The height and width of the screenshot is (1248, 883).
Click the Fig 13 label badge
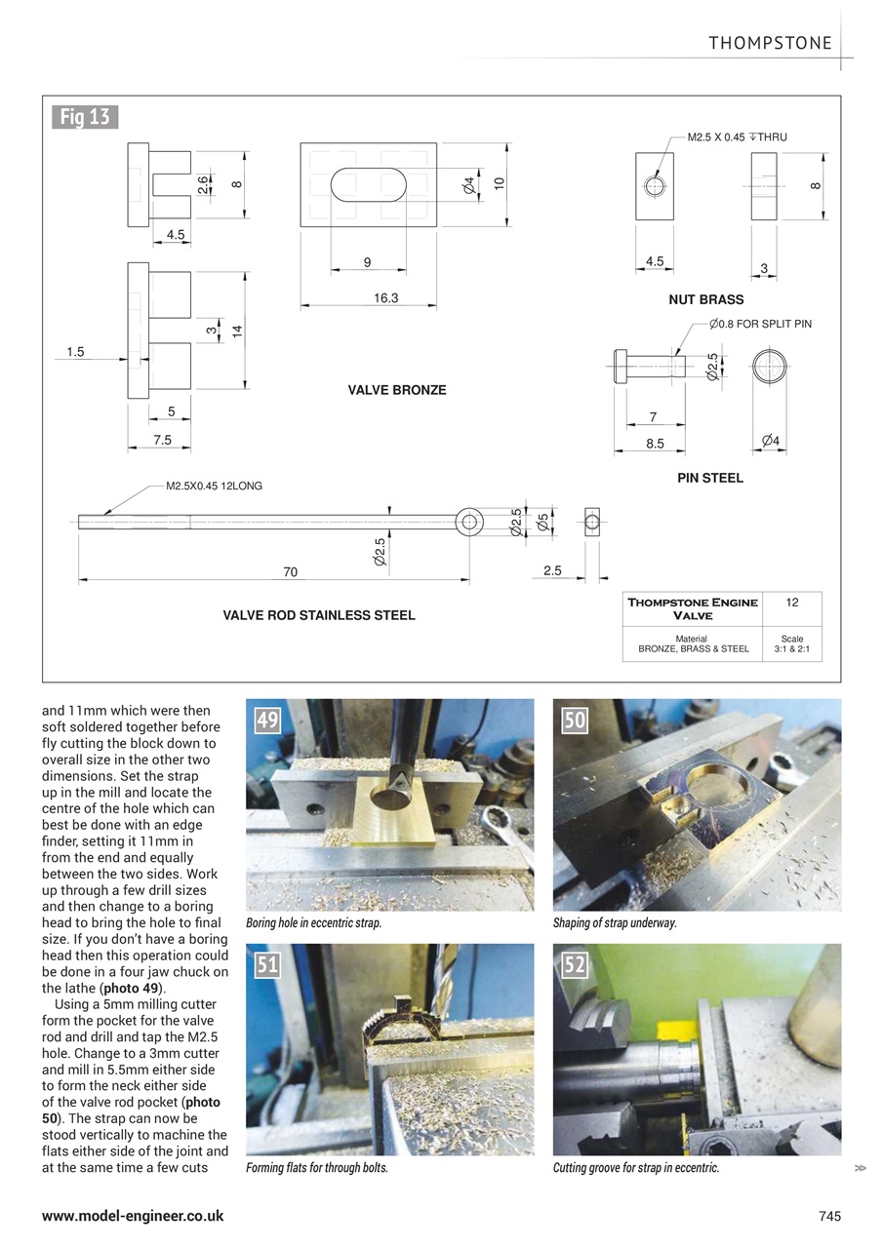point(85,118)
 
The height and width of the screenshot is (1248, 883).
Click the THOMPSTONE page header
point(770,43)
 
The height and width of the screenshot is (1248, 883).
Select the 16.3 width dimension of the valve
point(386,298)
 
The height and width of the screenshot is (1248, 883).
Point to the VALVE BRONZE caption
point(397,390)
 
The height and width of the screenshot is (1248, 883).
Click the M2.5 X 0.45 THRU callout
point(737,137)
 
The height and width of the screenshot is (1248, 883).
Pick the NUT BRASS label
point(705,299)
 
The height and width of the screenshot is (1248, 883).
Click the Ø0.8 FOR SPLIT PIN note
point(760,323)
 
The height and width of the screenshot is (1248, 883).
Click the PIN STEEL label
point(710,478)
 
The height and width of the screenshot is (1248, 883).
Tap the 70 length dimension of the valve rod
point(290,572)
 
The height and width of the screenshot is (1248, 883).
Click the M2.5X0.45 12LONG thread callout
point(214,486)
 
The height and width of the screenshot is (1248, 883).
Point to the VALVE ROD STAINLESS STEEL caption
point(319,615)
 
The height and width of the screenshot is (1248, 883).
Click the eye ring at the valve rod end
point(470,522)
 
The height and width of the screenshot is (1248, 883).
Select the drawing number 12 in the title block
point(791,604)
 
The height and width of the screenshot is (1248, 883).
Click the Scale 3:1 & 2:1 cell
point(791,643)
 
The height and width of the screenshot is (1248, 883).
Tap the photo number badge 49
point(267,721)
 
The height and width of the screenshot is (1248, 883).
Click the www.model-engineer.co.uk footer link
point(133,1216)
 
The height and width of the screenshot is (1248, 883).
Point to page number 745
point(828,1216)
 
